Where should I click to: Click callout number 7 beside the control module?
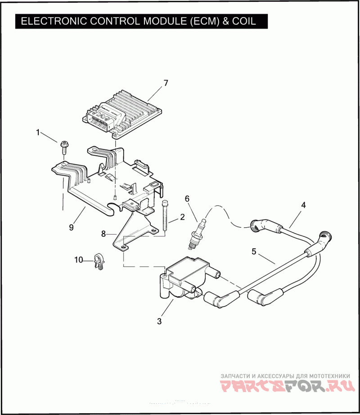coord(166,83)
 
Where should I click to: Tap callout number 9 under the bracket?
coord(71,227)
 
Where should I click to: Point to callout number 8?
coord(103,234)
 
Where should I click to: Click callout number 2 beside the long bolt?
coord(182,217)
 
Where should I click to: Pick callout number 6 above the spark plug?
coord(187,198)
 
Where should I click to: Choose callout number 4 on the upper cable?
coord(303,205)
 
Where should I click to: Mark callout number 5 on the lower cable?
coord(254,252)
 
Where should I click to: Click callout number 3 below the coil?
coord(159,321)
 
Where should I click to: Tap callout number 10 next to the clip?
coord(79,259)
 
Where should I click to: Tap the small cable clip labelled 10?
coord(98,261)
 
